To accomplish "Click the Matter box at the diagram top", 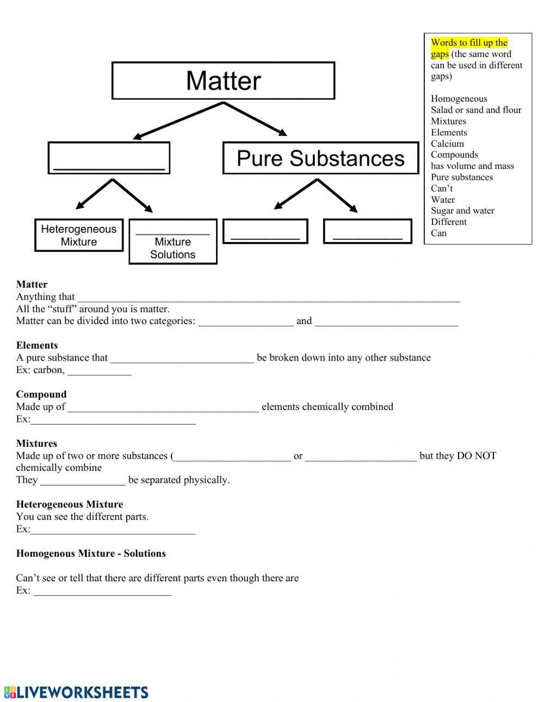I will [223, 80].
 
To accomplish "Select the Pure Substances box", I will [320, 158].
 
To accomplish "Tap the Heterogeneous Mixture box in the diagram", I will [79, 235].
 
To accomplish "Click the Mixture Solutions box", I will [172, 242].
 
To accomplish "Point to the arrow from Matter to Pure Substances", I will [256, 119].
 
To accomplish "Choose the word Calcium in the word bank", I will [447, 144].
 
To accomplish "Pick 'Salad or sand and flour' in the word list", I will [476, 110].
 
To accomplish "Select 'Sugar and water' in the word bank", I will [462, 210].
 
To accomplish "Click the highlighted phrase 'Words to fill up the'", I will [469, 42].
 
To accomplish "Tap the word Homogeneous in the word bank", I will [459, 98].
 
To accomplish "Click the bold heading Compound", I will [41, 394].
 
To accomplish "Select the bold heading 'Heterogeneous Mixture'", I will [70, 504].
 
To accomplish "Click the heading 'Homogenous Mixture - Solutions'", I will [91, 554].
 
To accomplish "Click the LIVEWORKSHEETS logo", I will [76, 692].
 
